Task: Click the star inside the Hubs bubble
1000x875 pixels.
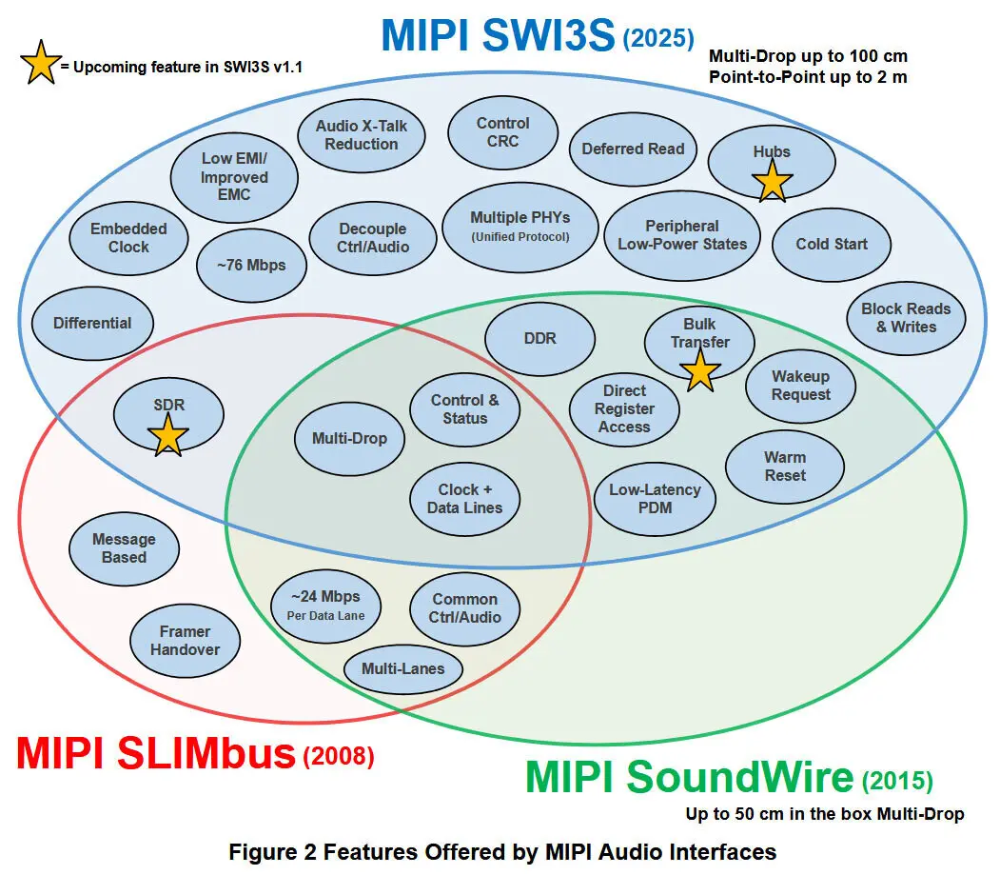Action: tap(772, 180)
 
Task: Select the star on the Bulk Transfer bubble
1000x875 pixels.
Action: tap(700, 370)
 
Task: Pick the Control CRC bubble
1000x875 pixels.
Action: tap(503, 132)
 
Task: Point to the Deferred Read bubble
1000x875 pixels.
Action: tap(633, 149)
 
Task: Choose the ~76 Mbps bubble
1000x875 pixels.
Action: tap(252, 265)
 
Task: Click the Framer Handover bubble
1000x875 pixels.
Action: tap(185, 641)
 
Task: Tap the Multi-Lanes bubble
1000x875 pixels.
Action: tap(402, 669)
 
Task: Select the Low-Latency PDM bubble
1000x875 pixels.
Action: tap(655, 499)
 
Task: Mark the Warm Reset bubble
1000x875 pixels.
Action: tap(784, 467)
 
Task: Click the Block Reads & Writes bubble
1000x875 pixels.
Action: tap(906, 318)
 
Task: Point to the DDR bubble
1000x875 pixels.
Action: tap(539, 339)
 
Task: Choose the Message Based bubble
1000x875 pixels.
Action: tap(124, 548)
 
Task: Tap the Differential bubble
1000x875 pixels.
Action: tap(92, 323)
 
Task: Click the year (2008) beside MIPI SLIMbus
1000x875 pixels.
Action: tap(338, 758)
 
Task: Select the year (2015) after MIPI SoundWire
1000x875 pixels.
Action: tap(896, 782)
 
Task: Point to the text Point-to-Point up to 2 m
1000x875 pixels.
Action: tap(808, 77)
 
